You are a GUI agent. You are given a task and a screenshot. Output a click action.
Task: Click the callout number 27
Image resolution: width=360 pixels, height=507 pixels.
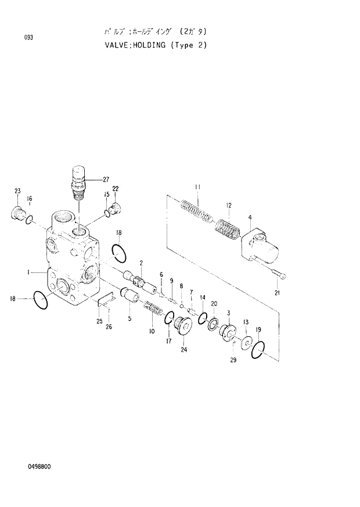106,179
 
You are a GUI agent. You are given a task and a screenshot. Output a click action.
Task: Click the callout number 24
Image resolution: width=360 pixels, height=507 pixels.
184,350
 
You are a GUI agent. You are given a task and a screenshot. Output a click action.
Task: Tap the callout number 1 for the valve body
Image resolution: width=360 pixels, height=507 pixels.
28,271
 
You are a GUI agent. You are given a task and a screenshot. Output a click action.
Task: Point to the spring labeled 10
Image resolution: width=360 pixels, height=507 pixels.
153,310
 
